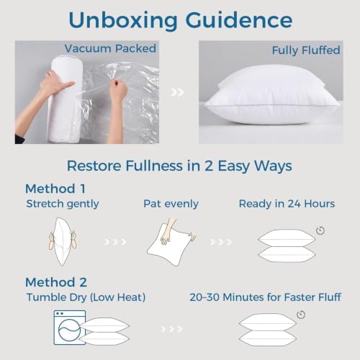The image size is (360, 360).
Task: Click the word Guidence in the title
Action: click(239, 20)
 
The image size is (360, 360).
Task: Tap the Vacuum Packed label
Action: click(110, 48)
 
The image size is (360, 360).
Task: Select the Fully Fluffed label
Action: click(306, 50)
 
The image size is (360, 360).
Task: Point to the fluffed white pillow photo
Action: click(271, 95)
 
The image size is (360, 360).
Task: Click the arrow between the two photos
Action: click(178, 92)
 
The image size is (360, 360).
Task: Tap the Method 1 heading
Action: click(55, 189)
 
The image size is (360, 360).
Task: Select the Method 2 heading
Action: click(56, 282)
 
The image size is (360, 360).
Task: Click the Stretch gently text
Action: click(63, 204)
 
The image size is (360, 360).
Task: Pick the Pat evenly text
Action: click(171, 204)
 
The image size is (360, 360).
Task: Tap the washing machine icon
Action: click(70, 328)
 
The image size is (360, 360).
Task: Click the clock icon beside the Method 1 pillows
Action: click(320, 230)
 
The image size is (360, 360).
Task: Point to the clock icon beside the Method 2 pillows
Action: click(301, 315)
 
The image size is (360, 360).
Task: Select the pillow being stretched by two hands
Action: click(63, 241)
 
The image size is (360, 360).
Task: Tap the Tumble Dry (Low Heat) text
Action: click(86, 297)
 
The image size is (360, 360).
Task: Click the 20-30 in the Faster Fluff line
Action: click(204, 297)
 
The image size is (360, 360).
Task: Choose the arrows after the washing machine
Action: click(171, 329)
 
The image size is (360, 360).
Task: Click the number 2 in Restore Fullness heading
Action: click(208, 166)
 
